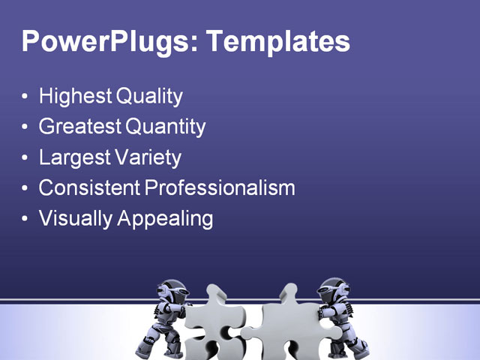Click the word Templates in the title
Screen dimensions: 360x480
278,41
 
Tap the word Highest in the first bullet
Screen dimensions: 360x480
76,97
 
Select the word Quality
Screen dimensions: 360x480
149,97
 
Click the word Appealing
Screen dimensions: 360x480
163,218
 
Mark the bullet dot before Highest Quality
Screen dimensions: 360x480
26,97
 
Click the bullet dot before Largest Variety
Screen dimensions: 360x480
26,158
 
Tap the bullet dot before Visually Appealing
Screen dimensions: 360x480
26,219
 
